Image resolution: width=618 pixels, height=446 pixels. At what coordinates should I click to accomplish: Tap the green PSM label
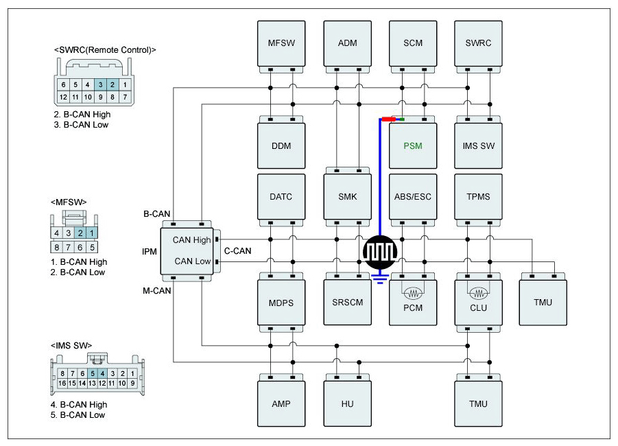click(x=413, y=146)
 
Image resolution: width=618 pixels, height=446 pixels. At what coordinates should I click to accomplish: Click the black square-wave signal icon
click(x=379, y=252)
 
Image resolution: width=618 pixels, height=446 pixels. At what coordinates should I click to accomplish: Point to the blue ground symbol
click(x=380, y=278)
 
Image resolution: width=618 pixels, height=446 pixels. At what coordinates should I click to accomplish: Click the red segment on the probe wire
click(x=389, y=119)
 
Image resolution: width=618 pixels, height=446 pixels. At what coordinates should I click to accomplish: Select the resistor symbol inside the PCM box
click(x=413, y=293)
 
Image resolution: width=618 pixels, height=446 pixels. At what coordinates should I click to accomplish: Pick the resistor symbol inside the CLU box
click(x=479, y=293)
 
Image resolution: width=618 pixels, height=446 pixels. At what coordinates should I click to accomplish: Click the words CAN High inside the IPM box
click(x=191, y=239)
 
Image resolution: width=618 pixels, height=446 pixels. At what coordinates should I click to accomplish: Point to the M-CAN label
click(x=156, y=291)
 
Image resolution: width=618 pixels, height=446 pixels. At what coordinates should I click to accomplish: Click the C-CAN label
click(x=237, y=251)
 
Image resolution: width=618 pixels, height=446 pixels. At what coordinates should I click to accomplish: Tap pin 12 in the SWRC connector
click(x=63, y=97)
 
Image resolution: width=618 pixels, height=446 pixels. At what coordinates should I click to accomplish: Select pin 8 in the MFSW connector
click(x=57, y=247)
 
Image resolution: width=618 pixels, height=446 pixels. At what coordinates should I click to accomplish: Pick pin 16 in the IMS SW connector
click(x=62, y=383)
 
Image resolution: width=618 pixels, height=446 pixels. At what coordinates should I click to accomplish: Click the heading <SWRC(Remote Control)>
click(x=105, y=49)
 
